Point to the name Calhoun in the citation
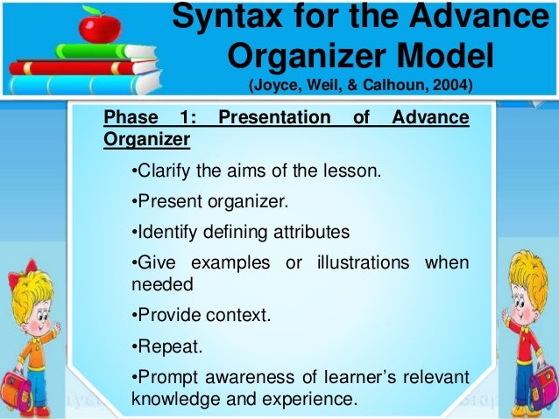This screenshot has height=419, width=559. (388, 86)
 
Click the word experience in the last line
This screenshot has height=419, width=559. (315, 400)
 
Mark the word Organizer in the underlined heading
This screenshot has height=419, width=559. (145, 138)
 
